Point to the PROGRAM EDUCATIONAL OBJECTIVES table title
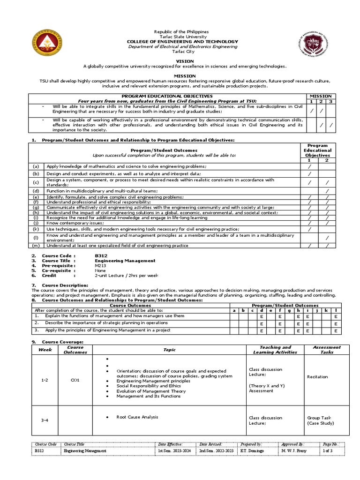(168, 96)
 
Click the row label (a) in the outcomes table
(36, 166)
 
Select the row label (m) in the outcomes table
(36, 246)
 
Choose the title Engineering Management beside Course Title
(125, 261)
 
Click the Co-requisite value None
(101, 270)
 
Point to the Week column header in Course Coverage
(45, 350)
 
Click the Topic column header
(169, 350)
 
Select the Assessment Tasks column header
(327, 350)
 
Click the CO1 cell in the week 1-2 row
(75, 380)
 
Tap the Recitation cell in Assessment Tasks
(317, 376)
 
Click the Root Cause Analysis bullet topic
(137, 417)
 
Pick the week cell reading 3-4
(45, 420)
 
